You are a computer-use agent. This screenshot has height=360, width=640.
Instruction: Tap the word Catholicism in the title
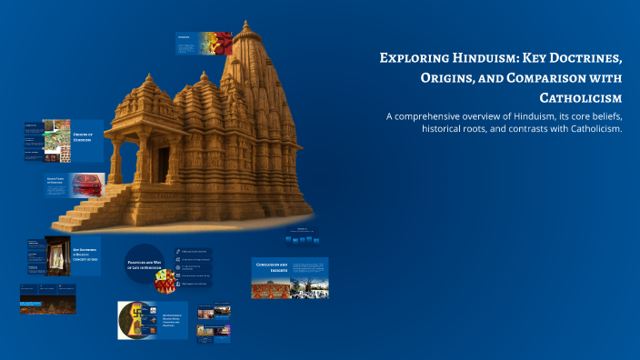pos(580,97)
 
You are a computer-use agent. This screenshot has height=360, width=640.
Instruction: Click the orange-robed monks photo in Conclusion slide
pos(271,288)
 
